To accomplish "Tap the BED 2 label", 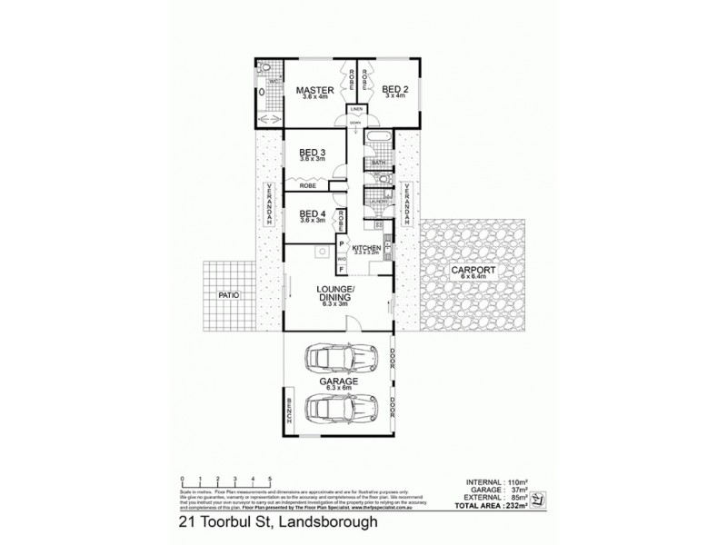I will (393, 90).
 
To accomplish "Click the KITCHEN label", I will (365, 248).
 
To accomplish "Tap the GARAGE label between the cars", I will (337, 381).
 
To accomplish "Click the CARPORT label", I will (472, 271).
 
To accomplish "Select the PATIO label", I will (228, 295).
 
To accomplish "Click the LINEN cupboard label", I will (356, 110).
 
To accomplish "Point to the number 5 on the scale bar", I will (269, 478).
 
